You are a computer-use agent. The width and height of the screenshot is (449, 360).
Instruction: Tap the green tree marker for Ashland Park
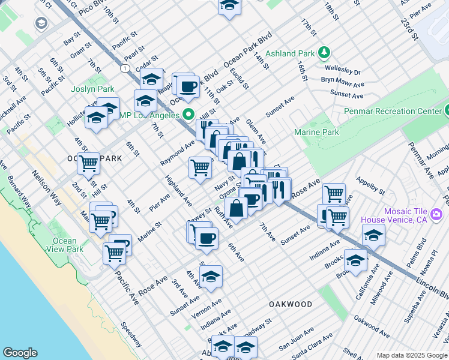(324, 52)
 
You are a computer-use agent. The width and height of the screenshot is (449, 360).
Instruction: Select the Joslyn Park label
(92, 89)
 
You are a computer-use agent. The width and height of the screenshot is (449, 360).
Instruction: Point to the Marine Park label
(316, 132)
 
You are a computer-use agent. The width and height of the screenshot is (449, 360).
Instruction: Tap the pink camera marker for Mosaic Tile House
(436, 214)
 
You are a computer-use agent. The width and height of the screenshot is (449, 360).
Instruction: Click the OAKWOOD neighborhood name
(290, 304)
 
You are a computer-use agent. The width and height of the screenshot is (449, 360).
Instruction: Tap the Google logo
(20, 353)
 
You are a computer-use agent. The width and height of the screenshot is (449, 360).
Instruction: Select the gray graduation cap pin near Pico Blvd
(41, 23)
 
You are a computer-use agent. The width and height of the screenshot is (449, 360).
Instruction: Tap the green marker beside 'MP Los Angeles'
(189, 114)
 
